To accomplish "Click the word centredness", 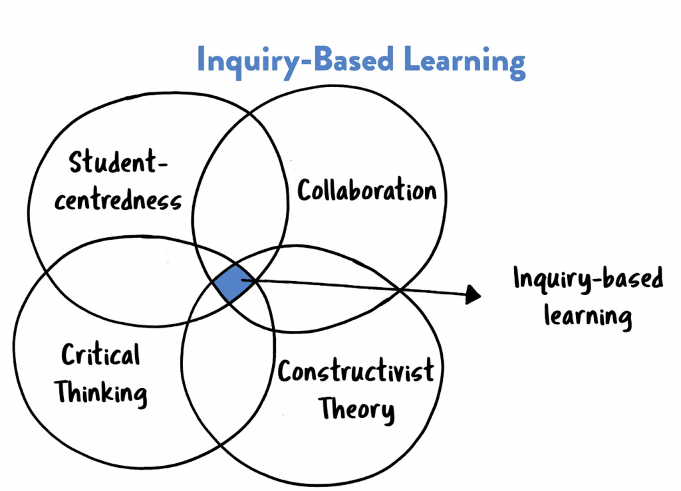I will click(x=118, y=199).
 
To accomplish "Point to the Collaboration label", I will click(x=366, y=191).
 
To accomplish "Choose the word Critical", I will click(x=101, y=355).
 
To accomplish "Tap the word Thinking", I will click(x=102, y=392).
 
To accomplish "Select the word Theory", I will click(x=356, y=409).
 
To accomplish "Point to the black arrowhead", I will click(x=473, y=293).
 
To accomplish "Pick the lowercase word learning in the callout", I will click(x=588, y=315).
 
